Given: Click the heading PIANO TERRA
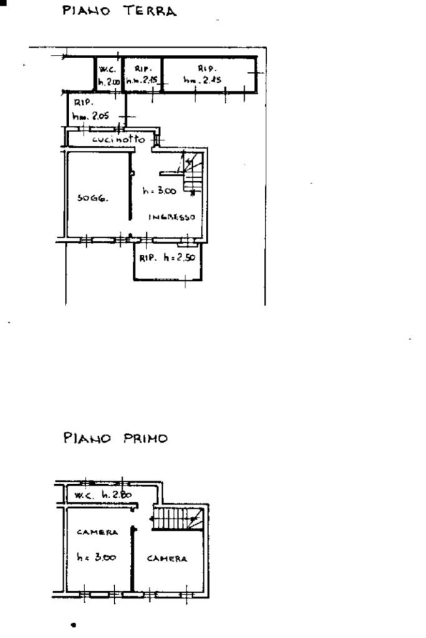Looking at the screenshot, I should click(x=119, y=11).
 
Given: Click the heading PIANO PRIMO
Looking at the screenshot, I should click(x=115, y=438).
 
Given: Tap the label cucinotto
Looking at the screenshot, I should click(x=119, y=140).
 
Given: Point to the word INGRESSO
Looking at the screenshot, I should click(x=172, y=217).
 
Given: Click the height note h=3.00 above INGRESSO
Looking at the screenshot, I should click(x=159, y=191).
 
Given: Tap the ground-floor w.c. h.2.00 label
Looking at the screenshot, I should click(x=109, y=75).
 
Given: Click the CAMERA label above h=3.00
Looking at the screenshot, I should click(x=97, y=533).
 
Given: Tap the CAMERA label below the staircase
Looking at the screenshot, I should click(x=167, y=559).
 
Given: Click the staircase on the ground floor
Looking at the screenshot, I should click(x=191, y=171).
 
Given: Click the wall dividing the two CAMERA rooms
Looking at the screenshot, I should click(x=133, y=558).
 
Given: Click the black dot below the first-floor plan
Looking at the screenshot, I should click(x=74, y=624).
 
